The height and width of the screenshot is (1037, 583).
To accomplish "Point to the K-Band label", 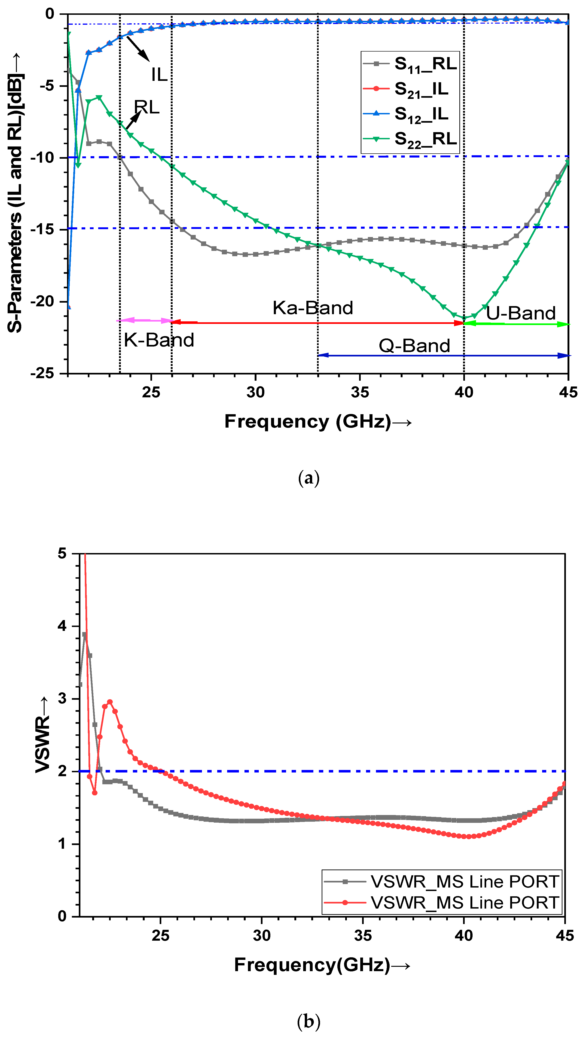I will click(159, 340).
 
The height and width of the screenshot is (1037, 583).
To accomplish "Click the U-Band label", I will click(521, 313).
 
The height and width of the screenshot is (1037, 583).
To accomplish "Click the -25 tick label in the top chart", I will click(44, 374).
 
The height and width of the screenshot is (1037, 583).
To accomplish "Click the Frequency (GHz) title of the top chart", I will click(318, 422).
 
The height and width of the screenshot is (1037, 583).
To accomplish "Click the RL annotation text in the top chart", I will click(147, 107).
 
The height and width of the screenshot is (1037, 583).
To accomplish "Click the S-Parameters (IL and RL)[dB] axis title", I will click(15, 193).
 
